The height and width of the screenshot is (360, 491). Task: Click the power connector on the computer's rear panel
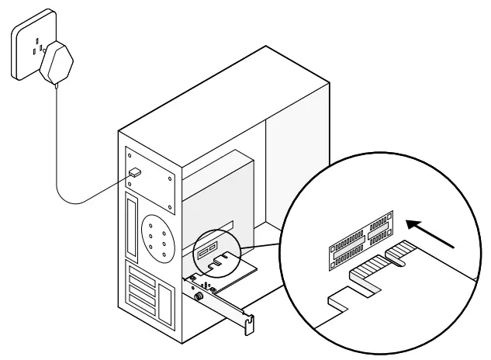pyautogui.click(x=135, y=172)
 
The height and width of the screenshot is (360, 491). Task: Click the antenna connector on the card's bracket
pyautogui.click(x=199, y=296)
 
